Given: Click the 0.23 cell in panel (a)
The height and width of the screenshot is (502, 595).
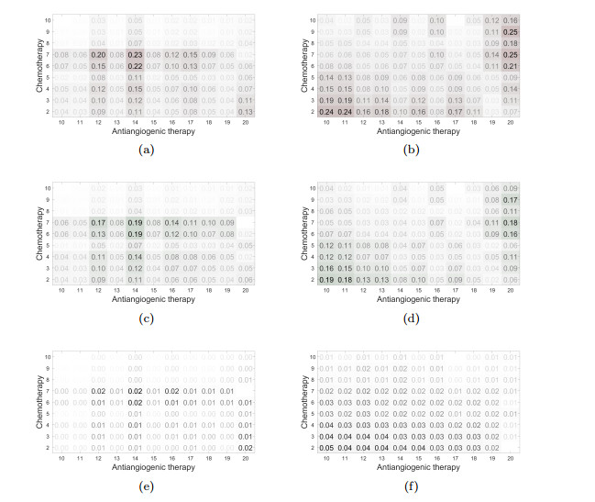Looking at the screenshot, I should [x=136, y=55].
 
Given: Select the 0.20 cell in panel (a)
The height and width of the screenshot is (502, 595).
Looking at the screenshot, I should [x=99, y=55].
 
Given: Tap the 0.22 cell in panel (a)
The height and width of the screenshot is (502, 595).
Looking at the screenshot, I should [x=136, y=66].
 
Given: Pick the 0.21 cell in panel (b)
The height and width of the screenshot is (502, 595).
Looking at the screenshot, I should [x=511, y=66].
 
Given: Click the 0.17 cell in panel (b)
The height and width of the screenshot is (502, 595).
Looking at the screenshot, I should [x=456, y=111].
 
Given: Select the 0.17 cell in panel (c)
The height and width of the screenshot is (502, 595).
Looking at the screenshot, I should [x=99, y=222].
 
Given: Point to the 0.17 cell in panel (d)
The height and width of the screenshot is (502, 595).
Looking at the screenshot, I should [x=511, y=199].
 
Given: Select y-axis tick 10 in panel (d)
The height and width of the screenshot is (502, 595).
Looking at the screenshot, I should [x=314, y=188].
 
